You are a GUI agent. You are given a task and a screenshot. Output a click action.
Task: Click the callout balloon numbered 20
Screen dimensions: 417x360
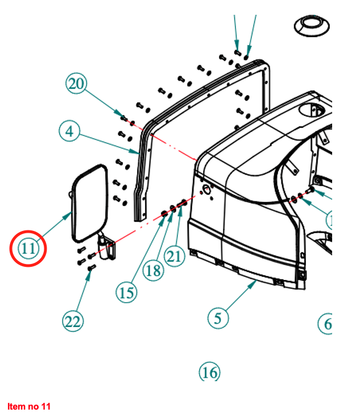76,85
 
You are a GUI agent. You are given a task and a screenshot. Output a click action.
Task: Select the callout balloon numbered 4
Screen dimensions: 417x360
69,131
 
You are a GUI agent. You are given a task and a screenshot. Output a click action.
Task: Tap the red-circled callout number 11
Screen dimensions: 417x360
28,249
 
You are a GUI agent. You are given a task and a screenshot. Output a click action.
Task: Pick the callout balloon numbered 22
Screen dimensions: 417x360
73,321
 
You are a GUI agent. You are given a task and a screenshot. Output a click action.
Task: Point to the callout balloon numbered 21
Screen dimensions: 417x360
175,257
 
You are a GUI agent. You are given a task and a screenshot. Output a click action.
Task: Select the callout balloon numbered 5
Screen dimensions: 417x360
217,318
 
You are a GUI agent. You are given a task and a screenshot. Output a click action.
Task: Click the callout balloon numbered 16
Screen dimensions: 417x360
209,372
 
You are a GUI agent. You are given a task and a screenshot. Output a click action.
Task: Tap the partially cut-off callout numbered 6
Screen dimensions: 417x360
325,324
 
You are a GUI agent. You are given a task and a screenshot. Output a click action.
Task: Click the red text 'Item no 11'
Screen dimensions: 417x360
29,406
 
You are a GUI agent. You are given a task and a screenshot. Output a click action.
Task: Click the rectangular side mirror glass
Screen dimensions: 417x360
90,202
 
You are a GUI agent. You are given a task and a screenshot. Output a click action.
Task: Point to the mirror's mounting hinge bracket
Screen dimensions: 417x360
107,248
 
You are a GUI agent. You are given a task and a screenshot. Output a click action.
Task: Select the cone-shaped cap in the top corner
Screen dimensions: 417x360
312,25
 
